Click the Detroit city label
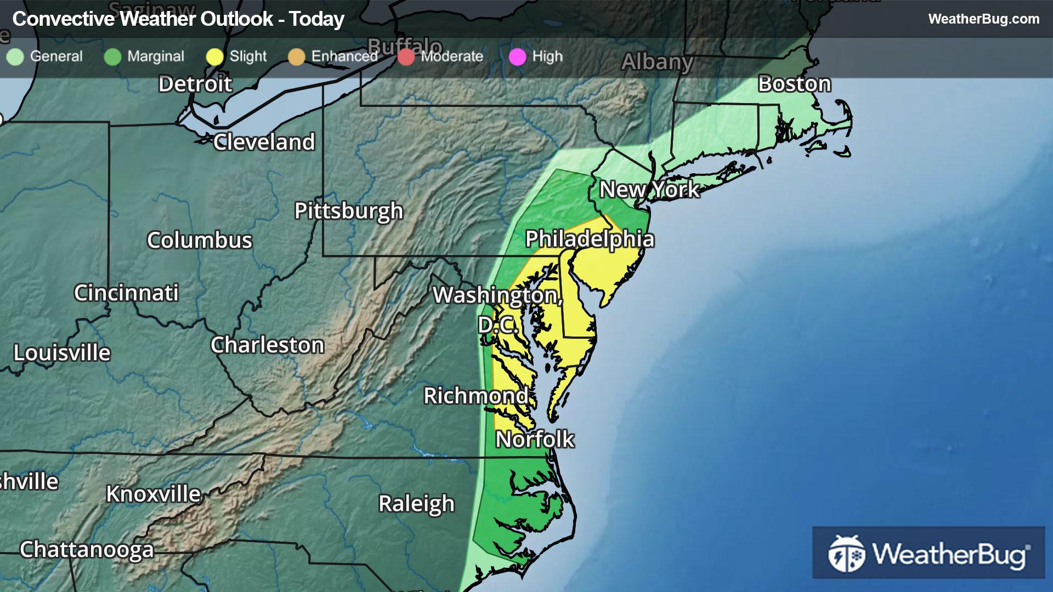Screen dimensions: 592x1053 195,84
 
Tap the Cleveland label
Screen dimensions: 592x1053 264,142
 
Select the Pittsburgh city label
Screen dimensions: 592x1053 349,211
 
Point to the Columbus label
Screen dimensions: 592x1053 200,240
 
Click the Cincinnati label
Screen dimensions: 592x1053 126,293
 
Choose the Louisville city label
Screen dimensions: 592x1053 62,352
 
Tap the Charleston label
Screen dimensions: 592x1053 268,345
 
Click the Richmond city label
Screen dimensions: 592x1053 476,395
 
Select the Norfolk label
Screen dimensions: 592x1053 535,439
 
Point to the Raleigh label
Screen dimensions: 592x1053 416,503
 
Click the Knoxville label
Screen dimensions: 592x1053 154,494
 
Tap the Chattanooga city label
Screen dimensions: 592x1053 87,549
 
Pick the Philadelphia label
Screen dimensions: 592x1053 590,239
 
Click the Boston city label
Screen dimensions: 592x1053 795,84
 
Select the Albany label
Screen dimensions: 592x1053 657,62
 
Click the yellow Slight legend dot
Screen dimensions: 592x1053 214,56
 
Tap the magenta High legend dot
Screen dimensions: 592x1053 517,56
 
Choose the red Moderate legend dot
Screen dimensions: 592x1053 406,56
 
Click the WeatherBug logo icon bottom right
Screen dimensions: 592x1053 846,553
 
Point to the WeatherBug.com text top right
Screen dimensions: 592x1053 983,19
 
